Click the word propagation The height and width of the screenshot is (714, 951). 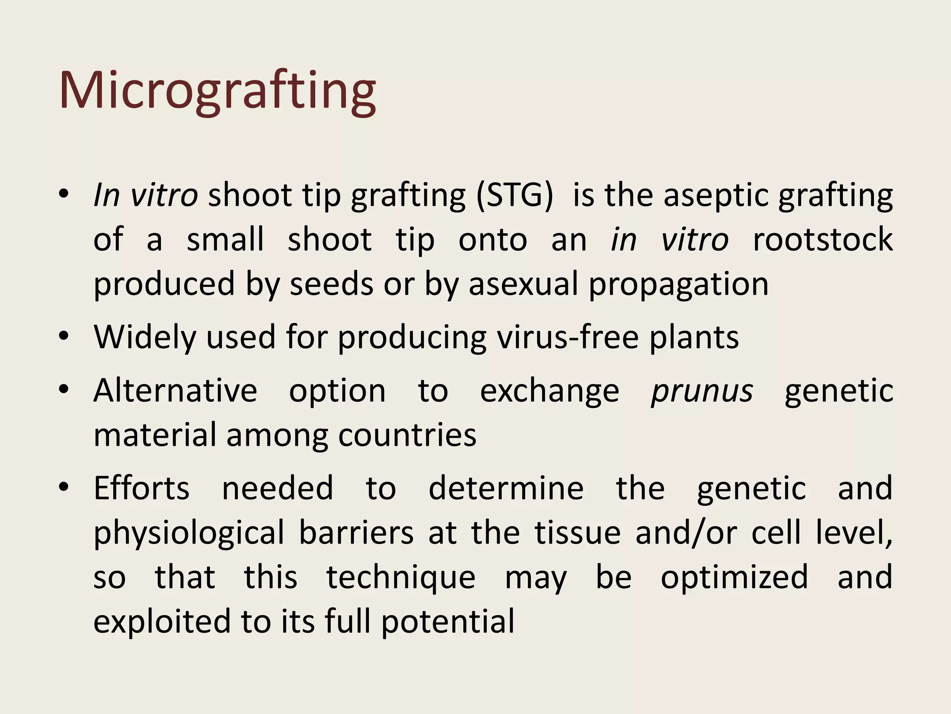(678, 285)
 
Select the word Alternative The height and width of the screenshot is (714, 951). (175, 390)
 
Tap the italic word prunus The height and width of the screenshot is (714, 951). (702, 391)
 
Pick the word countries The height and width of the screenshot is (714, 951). (407, 435)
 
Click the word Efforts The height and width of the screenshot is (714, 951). (142, 488)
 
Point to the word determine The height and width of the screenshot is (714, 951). (506, 488)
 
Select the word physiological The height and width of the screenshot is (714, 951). (189, 533)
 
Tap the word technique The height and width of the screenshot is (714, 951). (401, 578)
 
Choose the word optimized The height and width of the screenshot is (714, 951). (734, 578)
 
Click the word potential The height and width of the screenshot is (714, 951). (448, 622)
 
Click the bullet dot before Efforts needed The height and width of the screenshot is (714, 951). (64, 487)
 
